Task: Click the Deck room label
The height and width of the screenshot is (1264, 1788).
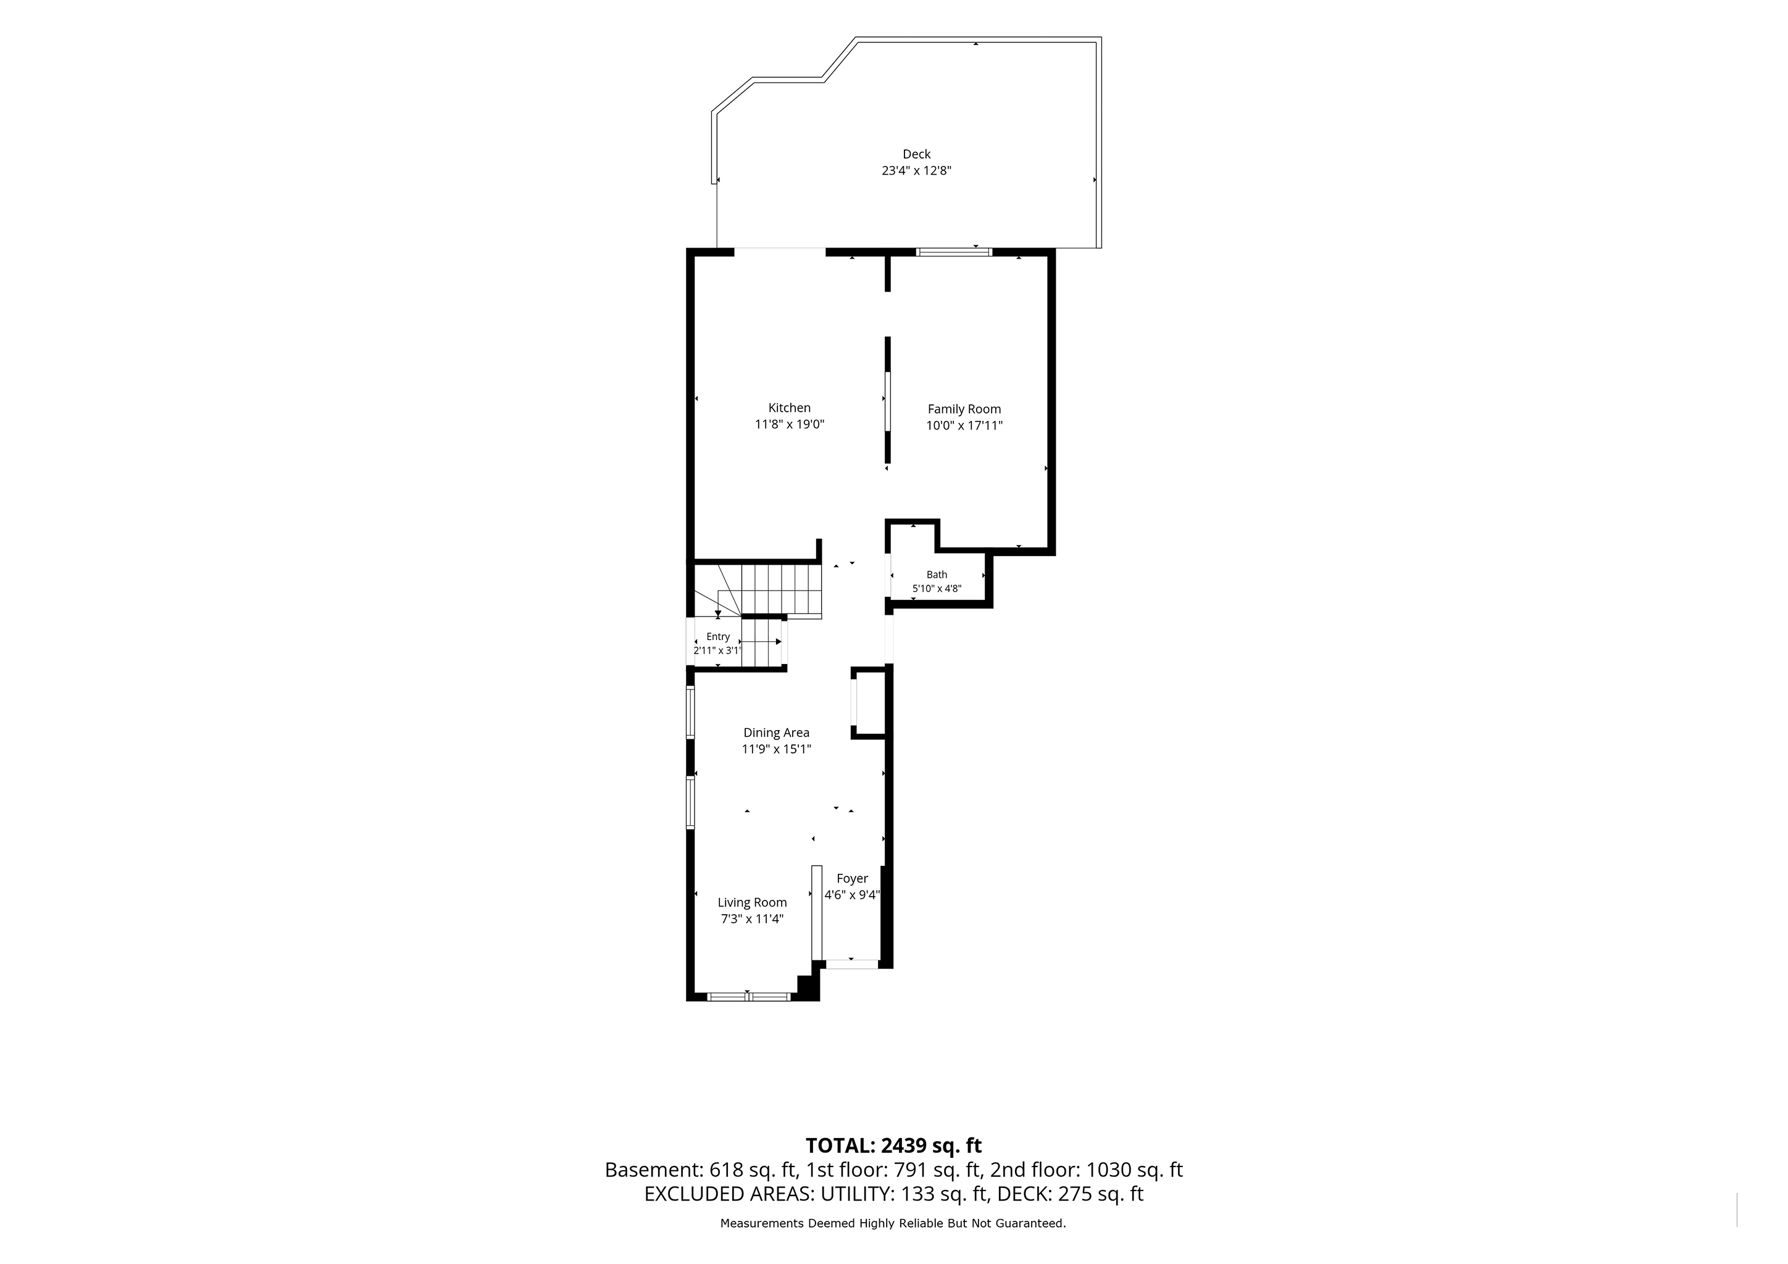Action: point(917,154)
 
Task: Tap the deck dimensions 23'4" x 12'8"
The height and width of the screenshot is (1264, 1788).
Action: point(917,170)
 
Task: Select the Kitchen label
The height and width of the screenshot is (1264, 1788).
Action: point(790,408)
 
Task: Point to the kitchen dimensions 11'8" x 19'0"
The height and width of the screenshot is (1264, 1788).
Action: point(790,424)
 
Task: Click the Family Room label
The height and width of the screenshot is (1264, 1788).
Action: point(964,409)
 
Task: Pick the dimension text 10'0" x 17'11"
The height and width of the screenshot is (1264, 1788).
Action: point(964,426)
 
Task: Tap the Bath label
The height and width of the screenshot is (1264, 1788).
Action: point(937,575)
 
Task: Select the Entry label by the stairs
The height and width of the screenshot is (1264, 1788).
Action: point(718,637)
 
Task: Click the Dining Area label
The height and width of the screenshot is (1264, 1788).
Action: point(777,733)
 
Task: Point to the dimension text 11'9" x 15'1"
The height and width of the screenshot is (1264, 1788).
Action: point(777,749)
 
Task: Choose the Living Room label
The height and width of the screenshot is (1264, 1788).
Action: point(752,902)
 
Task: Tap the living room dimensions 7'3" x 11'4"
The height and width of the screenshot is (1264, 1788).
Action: point(752,918)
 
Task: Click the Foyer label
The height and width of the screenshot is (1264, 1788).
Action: point(853,878)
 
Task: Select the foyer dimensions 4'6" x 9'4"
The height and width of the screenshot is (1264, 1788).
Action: point(853,895)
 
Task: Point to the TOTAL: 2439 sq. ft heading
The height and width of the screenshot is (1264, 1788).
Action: point(893,1145)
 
